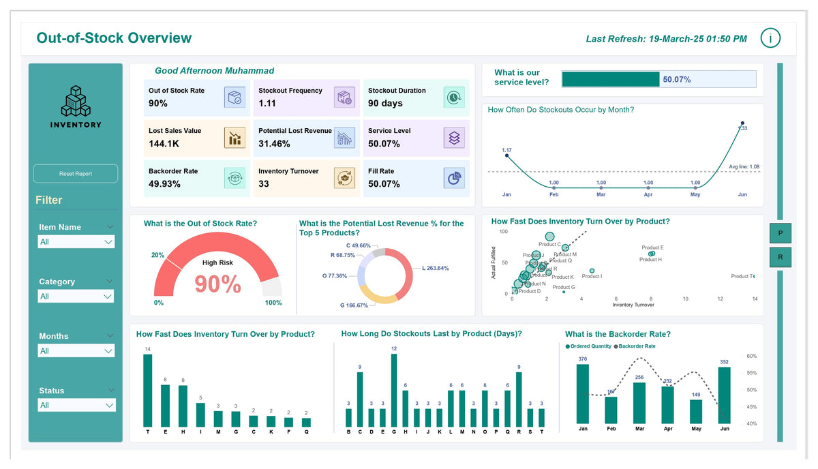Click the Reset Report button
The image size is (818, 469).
pos(75,174)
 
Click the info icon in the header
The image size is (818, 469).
pos(770,38)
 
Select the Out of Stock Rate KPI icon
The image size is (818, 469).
pos(234,97)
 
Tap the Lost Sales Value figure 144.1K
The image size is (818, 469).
pos(164,144)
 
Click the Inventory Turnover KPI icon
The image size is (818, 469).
pos(344,178)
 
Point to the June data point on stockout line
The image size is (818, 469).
pos(742,123)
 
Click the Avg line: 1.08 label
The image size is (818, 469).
pos(744,166)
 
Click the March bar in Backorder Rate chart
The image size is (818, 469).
pos(639,403)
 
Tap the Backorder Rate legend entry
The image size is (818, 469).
pos(635,346)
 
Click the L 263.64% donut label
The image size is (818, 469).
pos(435,268)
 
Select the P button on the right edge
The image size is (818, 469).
pos(781,233)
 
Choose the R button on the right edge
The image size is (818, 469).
pos(781,258)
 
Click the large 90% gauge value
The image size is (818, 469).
pos(217,284)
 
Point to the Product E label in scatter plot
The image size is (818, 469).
pos(652,247)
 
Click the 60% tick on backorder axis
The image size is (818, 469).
pos(751,356)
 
